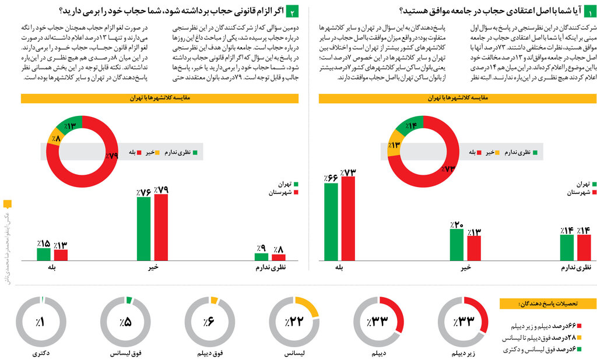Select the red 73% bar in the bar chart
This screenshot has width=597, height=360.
pos(348,218)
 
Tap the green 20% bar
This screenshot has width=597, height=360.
pos(456,244)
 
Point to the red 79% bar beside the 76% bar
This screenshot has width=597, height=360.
pos(161,227)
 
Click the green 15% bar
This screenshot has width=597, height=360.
pos(43,254)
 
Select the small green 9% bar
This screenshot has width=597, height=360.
pos(261,256)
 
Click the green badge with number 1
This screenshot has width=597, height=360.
pos(591,11)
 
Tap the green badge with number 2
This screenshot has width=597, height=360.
pos(293,11)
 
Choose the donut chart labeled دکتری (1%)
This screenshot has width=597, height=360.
pos(40,322)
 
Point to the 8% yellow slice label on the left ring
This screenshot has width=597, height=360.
pos(56,139)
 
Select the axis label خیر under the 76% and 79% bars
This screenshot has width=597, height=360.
pos(153,269)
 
